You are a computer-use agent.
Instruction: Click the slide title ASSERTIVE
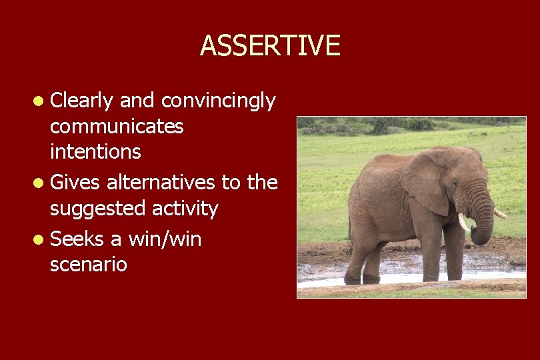click(x=270, y=45)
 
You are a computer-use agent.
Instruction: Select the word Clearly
click(x=83, y=101)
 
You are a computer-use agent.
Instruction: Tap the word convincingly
click(x=218, y=101)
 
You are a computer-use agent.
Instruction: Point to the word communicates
click(x=117, y=126)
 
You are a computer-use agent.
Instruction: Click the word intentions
click(x=95, y=151)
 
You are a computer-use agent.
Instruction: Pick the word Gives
click(x=75, y=181)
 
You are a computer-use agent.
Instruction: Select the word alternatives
click(x=160, y=181)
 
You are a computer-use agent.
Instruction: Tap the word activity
click(x=185, y=209)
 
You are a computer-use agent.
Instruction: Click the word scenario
click(x=88, y=265)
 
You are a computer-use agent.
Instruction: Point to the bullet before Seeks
click(x=41, y=239)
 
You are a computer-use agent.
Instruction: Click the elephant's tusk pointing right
click(x=499, y=213)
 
